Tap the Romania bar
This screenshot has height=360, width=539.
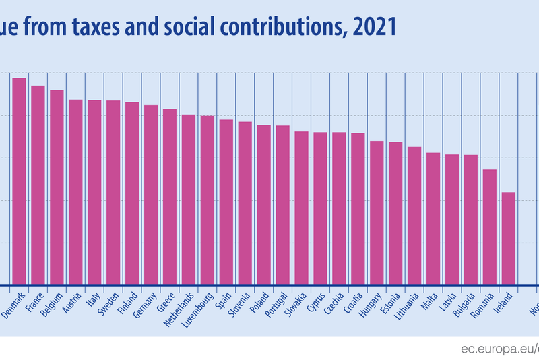490,227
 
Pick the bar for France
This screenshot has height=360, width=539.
38,185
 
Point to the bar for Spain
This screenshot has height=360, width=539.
226,202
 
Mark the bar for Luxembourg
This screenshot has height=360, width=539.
208,200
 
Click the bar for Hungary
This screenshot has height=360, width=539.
377,212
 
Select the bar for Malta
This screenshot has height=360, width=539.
433,218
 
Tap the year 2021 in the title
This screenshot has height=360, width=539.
370,27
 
